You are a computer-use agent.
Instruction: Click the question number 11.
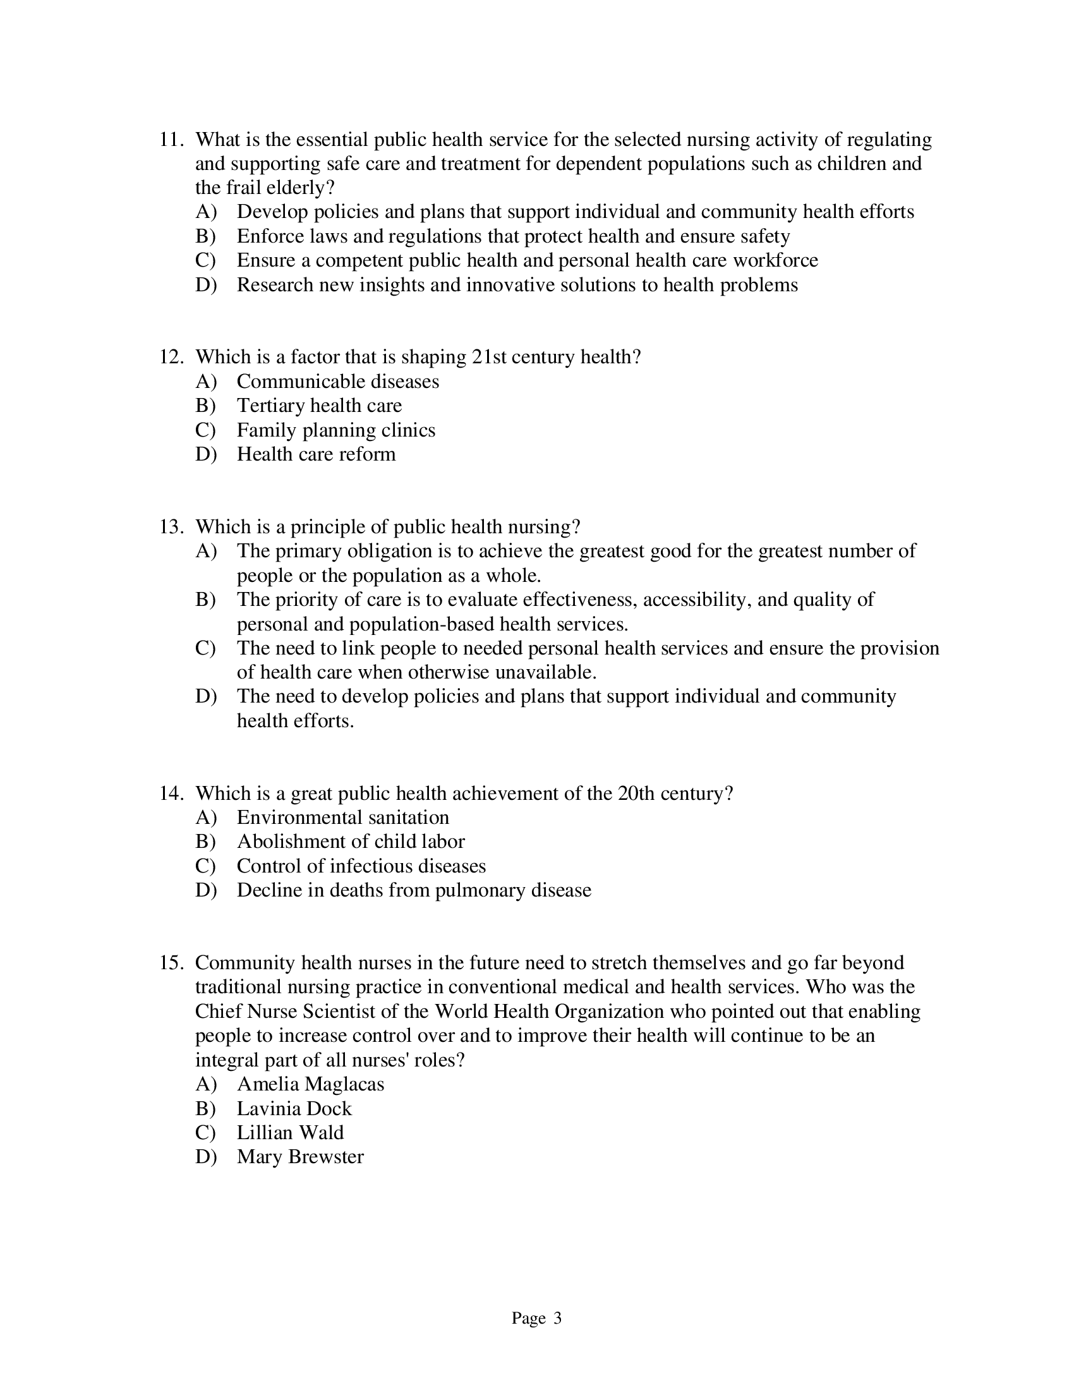coord(171,140)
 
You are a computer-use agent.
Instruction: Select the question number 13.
coord(171,527)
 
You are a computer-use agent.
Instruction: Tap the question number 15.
coord(171,963)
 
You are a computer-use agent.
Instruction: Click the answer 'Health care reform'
coord(316,454)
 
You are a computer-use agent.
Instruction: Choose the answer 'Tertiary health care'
coord(319,406)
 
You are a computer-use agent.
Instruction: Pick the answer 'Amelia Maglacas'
coord(310,1084)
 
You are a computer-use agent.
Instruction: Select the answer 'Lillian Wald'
coord(289,1132)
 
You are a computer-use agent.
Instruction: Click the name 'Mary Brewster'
coord(299,1156)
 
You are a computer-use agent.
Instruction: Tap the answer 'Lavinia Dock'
coord(293,1108)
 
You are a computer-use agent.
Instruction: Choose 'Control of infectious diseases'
coord(361,866)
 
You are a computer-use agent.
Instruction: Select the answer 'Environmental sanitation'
coord(342,818)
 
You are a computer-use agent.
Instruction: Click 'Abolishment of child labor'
coord(350,842)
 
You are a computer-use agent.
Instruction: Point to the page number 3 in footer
coord(557,1318)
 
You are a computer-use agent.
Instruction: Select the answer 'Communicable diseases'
coord(337,382)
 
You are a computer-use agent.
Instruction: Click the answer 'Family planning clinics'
coord(335,430)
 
